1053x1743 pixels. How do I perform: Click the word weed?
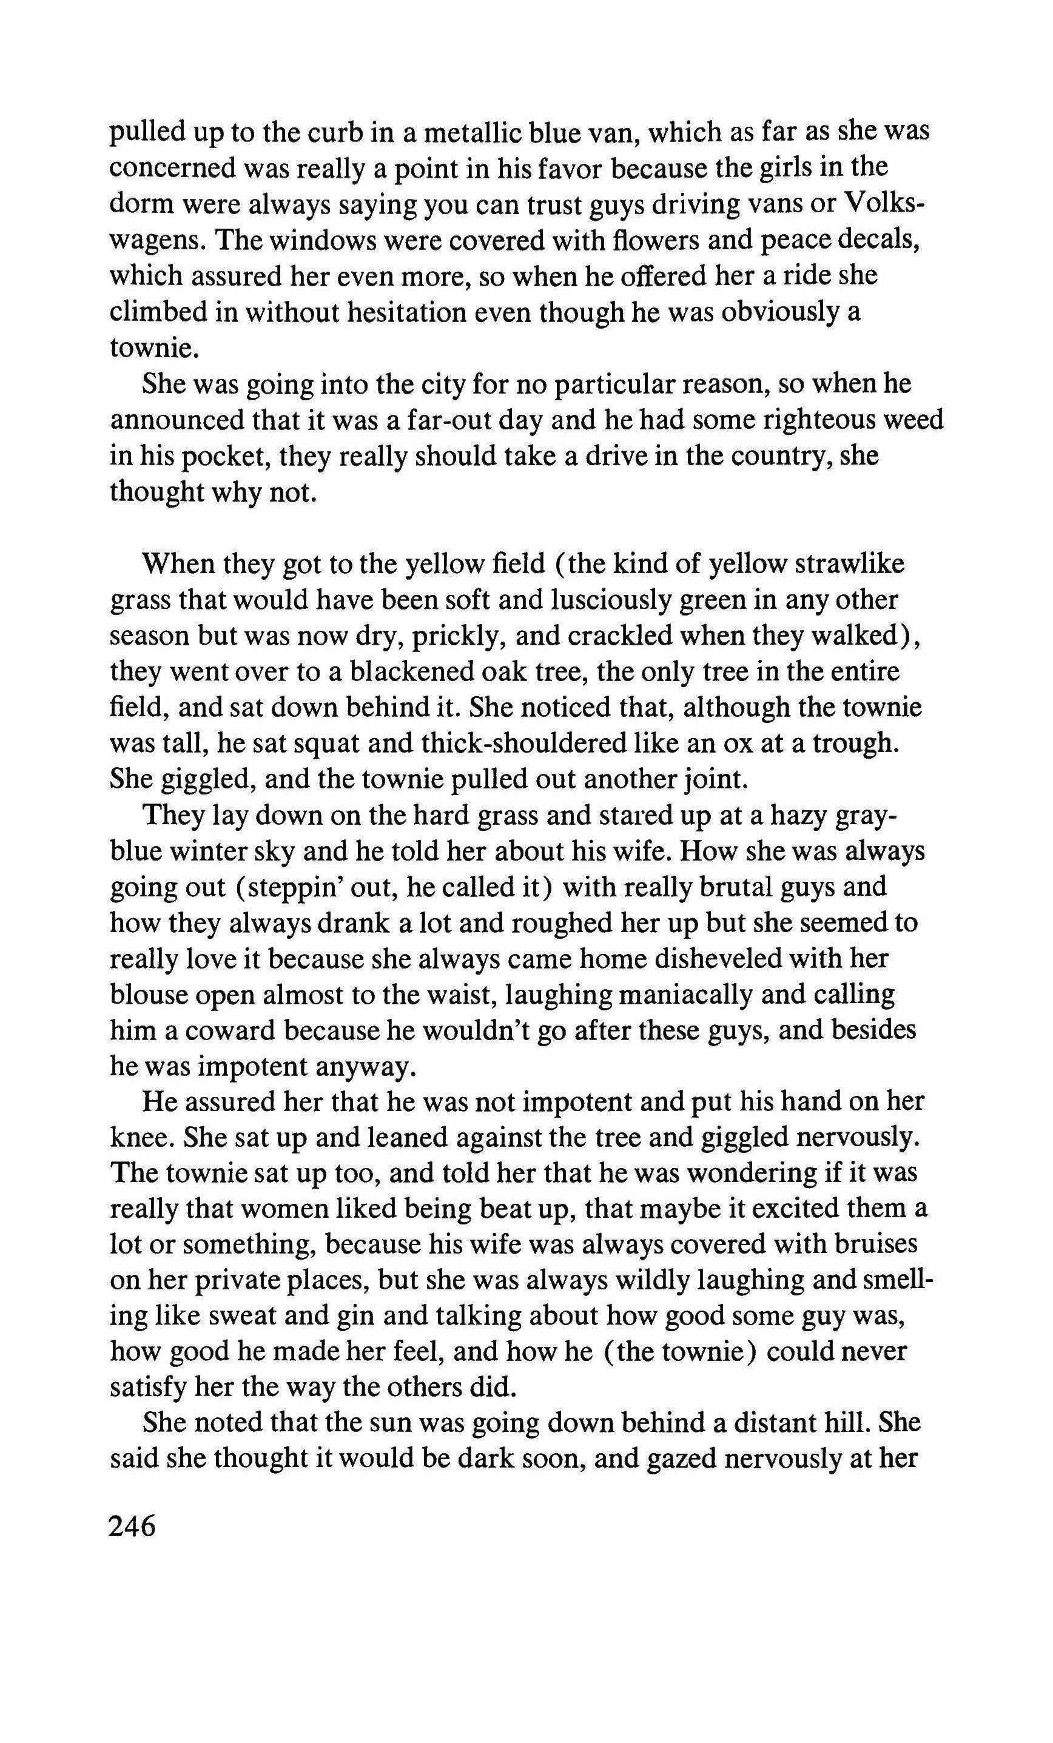pos(913,420)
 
